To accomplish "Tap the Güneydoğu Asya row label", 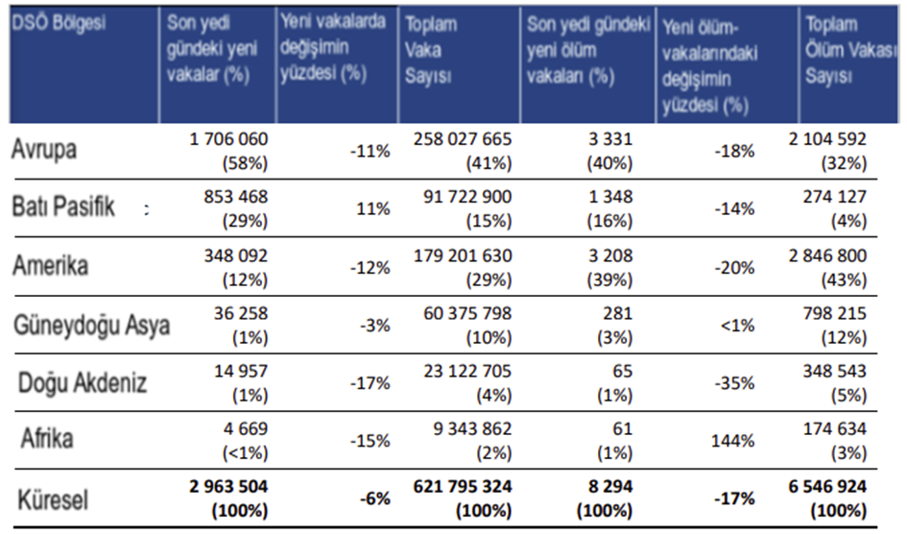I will coord(91,325).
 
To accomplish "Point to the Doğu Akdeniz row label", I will coord(83,383).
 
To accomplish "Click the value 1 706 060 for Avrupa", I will coord(229,139).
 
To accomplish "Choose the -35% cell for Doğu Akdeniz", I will coord(735,383).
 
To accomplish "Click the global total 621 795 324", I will coord(457,487).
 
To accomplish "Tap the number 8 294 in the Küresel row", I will coord(609,487).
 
